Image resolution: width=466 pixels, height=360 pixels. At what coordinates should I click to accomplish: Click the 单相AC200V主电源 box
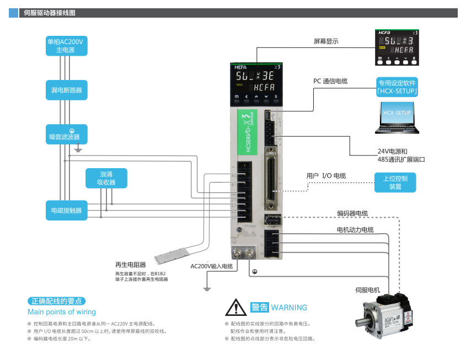click(x=66, y=46)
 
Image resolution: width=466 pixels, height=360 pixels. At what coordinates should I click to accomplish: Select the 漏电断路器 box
click(x=66, y=89)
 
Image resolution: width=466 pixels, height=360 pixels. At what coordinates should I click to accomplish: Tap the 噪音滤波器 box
click(x=66, y=135)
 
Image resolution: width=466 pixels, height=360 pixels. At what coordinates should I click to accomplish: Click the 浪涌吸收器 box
click(x=106, y=178)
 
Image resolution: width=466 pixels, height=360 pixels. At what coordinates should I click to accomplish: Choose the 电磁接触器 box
click(x=66, y=211)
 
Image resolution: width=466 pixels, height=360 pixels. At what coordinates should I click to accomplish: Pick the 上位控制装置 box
click(x=395, y=182)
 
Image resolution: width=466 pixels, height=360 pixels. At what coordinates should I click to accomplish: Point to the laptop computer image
click(x=397, y=117)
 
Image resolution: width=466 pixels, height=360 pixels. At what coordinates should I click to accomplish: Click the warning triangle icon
click(x=236, y=307)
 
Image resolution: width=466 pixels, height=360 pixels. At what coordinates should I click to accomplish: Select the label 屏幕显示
click(x=326, y=41)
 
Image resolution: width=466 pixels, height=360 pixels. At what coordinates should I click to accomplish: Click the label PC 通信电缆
click(x=330, y=81)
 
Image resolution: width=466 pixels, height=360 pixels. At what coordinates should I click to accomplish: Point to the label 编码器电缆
click(x=352, y=213)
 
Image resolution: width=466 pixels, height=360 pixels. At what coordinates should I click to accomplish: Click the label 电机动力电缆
click(x=355, y=229)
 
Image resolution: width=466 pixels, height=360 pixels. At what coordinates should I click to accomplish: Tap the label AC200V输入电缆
click(x=212, y=266)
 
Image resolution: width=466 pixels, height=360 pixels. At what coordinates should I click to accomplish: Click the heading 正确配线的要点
click(x=57, y=301)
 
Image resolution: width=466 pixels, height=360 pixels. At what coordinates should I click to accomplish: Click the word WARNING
click(x=289, y=307)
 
